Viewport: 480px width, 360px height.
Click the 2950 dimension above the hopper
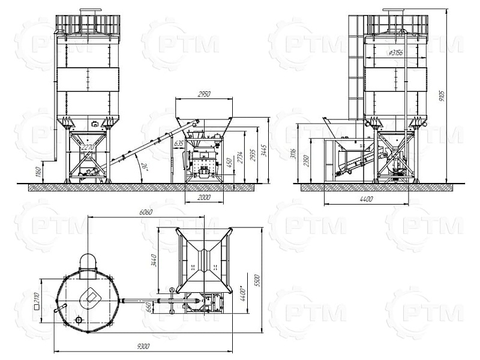(x=205, y=94)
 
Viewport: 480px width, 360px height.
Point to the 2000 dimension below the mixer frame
(x=203, y=197)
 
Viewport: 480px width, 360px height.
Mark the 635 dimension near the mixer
(x=179, y=144)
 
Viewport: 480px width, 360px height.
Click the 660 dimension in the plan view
(x=151, y=306)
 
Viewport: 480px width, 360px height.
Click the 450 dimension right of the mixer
(x=229, y=163)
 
